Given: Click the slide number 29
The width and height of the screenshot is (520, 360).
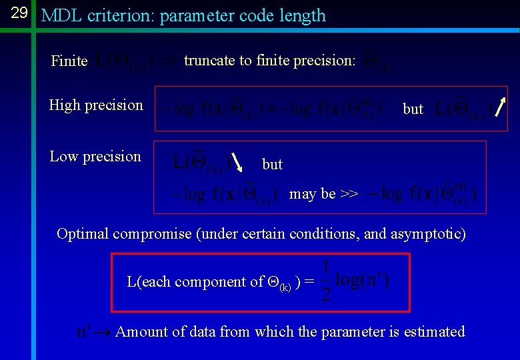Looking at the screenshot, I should click(x=19, y=13).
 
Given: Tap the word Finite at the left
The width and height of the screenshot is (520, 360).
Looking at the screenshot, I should click(x=69, y=61).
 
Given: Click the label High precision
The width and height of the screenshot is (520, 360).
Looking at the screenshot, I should click(x=96, y=105).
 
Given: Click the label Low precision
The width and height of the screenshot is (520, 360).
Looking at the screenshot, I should click(x=95, y=157).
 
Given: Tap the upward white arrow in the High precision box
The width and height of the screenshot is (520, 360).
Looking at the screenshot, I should click(x=501, y=107).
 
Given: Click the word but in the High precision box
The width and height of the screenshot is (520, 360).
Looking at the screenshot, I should click(x=413, y=109).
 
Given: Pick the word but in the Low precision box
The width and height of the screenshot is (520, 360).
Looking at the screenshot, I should click(x=272, y=164).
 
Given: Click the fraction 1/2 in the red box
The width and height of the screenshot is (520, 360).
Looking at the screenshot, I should click(x=325, y=281).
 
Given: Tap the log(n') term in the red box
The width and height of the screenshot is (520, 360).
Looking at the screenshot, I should click(x=363, y=281).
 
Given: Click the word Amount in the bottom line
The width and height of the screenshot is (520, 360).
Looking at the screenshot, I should click(x=141, y=331).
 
